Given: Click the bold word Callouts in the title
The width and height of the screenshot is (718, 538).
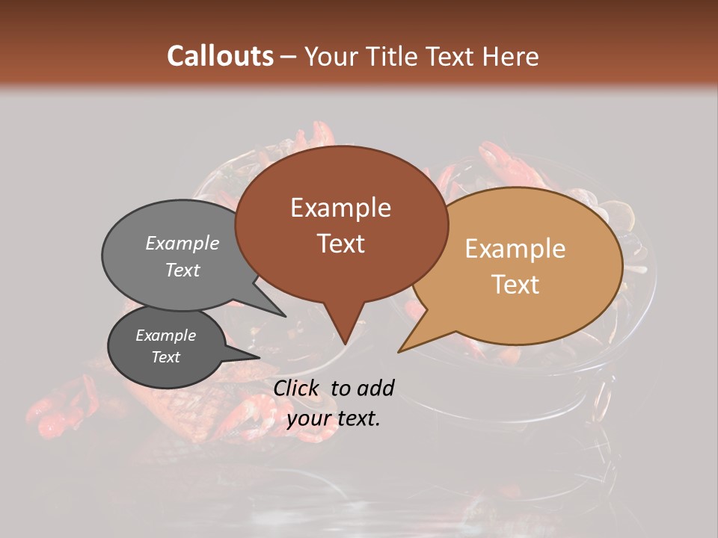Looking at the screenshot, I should click(x=220, y=56).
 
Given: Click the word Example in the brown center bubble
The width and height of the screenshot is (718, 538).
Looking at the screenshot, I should click(x=340, y=208).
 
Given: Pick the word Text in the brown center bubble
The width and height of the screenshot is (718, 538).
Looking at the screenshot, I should click(x=340, y=244).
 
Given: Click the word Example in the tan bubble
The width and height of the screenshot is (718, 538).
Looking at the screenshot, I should click(x=515, y=249).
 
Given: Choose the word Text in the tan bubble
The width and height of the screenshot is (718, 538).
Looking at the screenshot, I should click(x=515, y=285).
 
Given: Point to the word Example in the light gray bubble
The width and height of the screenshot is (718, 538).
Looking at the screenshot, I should click(x=182, y=244).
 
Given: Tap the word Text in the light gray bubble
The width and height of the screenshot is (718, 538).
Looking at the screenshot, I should click(x=182, y=270).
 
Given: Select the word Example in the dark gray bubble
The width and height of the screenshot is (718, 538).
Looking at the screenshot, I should click(x=165, y=336).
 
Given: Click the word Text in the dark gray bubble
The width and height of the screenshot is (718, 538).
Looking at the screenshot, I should click(x=165, y=357).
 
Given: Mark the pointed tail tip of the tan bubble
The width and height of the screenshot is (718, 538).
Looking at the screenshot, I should click(x=400, y=350).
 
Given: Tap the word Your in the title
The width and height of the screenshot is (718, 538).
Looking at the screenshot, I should click(x=333, y=56).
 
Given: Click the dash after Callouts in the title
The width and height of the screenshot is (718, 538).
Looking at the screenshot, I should click(x=289, y=58).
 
